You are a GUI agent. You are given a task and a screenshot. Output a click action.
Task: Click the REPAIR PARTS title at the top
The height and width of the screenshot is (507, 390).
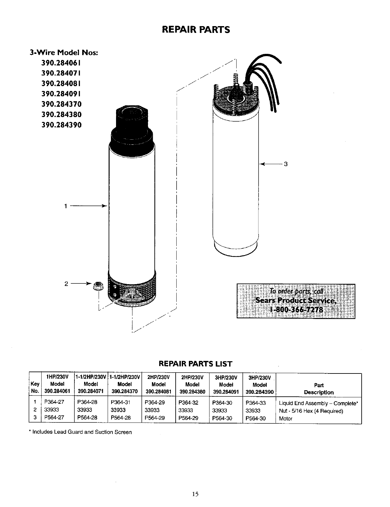[196, 30]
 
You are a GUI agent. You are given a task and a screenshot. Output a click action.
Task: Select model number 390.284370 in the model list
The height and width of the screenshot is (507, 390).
[61, 104]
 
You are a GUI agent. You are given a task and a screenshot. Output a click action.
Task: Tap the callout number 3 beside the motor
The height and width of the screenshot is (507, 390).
[285, 164]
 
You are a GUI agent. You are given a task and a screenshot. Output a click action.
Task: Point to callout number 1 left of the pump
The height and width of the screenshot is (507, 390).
[65, 206]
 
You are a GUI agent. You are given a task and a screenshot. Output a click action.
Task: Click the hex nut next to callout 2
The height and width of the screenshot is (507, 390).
[96, 286]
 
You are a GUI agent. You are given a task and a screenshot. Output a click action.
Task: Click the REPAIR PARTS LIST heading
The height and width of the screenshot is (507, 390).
[196, 364]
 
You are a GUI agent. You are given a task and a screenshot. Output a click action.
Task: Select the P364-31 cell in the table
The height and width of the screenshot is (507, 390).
[120, 403]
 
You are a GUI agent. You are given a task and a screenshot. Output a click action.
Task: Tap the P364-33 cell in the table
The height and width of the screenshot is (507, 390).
[255, 403]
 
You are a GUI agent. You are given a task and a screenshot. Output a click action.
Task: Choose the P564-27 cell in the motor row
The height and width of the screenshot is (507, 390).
[54, 418]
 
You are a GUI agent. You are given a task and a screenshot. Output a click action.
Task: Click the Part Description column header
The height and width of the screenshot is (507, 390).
[318, 389]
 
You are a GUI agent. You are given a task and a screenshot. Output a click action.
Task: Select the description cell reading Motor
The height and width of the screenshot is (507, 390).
[286, 419]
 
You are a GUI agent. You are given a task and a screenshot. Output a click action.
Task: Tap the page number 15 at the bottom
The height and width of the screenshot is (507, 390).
[195, 494]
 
